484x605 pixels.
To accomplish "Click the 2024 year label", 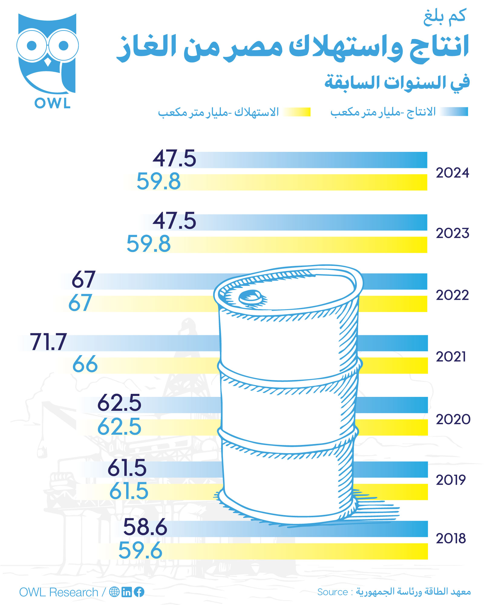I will click(x=452, y=173).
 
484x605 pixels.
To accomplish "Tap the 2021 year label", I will click(x=451, y=357).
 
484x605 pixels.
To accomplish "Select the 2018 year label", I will click(x=451, y=538).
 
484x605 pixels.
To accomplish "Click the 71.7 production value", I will click(x=48, y=342).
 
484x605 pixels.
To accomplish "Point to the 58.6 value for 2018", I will click(x=145, y=527).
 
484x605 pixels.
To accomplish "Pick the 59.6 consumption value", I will click(x=140, y=550).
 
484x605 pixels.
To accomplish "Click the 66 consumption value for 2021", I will click(x=85, y=364).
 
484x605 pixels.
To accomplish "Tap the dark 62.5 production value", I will click(x=119, y=403).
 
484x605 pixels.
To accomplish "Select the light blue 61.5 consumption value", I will click(x=129, y=491).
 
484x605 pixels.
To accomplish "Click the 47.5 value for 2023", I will click(x=175, y=221).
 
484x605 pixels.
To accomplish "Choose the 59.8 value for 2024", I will click(x=159, y=181).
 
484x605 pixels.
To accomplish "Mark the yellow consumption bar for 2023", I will click(x=302, y=245).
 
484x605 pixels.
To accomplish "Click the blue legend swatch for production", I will click(x=454, y=112).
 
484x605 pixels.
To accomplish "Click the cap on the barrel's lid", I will click(x=250, y=297).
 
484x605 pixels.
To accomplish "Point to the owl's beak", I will click(x=48, y=62).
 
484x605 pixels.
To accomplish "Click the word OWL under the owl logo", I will click(x=52, y=103).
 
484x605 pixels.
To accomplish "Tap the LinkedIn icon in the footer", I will click(x=127, y=592).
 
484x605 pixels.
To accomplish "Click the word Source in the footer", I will click(x=332, y=592).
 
